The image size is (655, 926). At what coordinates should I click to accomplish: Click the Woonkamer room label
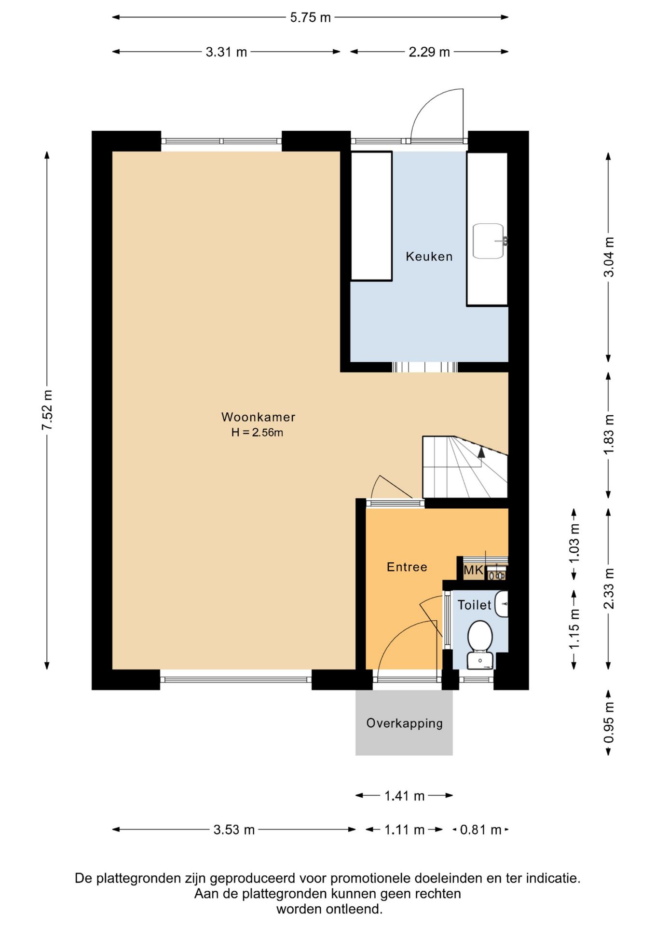coord(258,417)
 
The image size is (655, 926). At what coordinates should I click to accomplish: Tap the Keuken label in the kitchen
coord(429,256)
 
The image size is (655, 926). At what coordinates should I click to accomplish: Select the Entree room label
coord(407,567)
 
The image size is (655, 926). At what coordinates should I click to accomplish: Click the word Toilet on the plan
coord(475,605)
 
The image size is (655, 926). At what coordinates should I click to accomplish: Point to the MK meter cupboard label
coord(473,571)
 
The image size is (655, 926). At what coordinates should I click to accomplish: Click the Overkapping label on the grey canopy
coord(404,723)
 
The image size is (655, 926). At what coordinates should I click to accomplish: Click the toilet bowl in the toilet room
coord(480,636)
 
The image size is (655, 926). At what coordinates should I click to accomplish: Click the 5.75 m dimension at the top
coord(311,17)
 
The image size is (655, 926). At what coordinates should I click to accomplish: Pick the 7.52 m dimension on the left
coord(47,410)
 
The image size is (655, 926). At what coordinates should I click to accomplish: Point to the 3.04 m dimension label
coord(609,257)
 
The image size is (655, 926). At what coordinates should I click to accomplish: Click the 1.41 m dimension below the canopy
coord(404,795)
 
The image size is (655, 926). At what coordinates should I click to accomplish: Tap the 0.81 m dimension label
coord(481,830)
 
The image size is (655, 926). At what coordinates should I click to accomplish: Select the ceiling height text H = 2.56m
coord(257,432)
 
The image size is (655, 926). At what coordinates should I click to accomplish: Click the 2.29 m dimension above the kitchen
coord(429,52)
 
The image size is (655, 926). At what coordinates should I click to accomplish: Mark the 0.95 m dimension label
coord(609,722)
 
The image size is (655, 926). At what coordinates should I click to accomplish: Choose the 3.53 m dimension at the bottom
coord(234,830)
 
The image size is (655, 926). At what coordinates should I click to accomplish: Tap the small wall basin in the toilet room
coord(502,604)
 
